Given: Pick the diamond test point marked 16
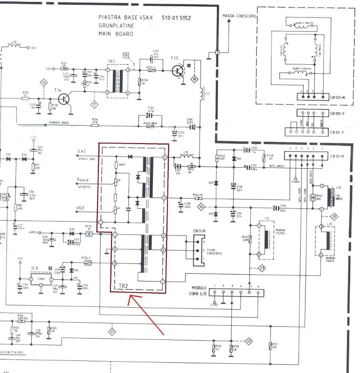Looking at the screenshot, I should point(44,83).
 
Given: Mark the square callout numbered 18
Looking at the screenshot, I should point(125,55).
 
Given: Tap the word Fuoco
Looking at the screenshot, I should point(83,180).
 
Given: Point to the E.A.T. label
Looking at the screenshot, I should point(81,151).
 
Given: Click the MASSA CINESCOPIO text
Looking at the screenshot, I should point(239,16).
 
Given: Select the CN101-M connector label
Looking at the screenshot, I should point(337,97).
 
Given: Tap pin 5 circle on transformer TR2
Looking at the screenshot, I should point(164,158).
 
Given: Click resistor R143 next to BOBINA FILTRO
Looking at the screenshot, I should point(250,239).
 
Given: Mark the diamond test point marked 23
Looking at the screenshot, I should point(262,268).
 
